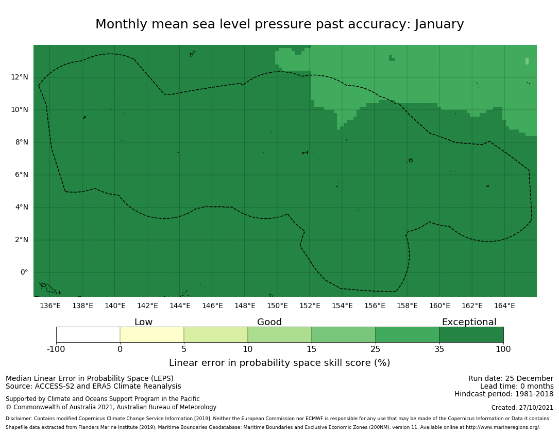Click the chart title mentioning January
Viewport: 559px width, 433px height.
[x=279, y=25]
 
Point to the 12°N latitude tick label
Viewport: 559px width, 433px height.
[x=20, y=77]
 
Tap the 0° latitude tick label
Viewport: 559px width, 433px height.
[x=24, y=272]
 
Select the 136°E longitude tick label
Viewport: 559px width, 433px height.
[x=50, y=306]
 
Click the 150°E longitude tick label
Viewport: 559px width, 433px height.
[x=277, y=306]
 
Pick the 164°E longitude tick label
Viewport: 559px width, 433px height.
[x=504, y=306]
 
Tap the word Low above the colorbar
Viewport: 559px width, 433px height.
[x=143, y=323]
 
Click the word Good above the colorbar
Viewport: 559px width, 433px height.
[x=269, y=323]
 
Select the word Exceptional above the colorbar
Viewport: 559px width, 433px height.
[x=469, y=323]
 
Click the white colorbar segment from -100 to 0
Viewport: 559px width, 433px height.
[x=88, y=335]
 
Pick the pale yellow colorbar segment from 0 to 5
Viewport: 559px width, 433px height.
[x=152, y=335]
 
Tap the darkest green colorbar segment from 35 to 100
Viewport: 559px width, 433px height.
[x=471, y=335]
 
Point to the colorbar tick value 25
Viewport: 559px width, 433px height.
[x=376, y=349]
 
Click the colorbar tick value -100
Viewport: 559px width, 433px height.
[x=56, y=349]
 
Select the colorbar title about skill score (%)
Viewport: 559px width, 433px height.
[x=279, y=363]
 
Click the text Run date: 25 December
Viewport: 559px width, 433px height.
[x=511, y=379]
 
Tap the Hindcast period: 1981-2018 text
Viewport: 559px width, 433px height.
[x=504, y=394]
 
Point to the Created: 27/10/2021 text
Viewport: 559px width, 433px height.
[x=522, y=408]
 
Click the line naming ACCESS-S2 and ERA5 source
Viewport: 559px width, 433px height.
[x=93, y=387]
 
